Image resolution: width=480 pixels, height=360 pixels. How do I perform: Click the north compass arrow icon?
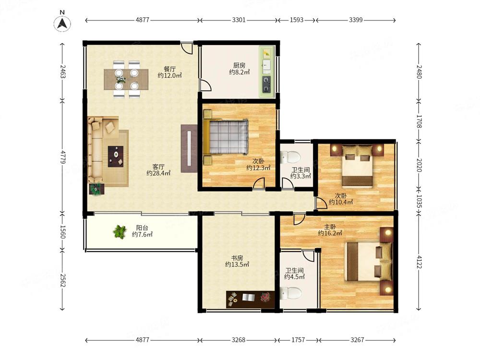62,23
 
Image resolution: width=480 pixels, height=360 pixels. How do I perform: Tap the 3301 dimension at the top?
239,20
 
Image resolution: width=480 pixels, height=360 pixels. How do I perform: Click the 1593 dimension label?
296,20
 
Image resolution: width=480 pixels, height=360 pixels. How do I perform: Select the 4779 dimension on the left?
62,157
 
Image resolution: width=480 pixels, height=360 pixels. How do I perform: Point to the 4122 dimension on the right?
419,262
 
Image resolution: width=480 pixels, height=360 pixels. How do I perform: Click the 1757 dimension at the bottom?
298,340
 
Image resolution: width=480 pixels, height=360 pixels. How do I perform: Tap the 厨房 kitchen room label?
239,65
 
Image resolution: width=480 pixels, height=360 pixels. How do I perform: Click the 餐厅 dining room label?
169,69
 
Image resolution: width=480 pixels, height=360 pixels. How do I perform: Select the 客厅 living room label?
158,167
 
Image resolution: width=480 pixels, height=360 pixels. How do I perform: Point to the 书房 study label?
237,258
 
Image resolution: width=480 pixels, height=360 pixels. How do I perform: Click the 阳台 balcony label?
142,228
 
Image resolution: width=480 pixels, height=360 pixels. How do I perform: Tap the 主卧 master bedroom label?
330,227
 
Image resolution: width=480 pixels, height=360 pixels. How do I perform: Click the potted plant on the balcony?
120,232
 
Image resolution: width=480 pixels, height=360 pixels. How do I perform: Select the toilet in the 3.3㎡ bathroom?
290,157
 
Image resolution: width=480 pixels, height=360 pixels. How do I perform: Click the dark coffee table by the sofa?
116,156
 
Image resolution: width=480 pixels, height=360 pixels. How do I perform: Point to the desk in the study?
250,300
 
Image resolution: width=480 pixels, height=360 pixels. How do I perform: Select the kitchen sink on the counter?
266,65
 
